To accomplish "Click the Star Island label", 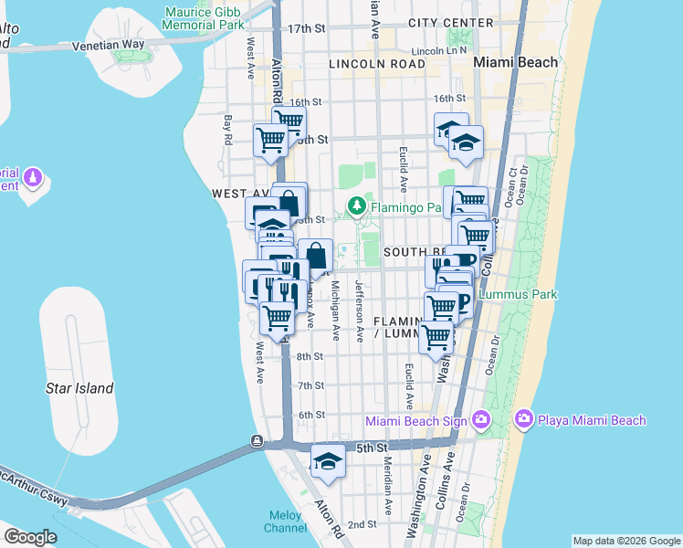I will pos(79,388).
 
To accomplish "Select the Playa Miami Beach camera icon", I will pos(524,420).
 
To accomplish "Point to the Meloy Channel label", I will pos(286,522).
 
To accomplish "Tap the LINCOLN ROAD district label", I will pos(376,64).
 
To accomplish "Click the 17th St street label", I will pos(307,29).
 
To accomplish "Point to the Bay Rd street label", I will pos(228,130).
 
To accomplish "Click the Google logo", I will pos(29,536).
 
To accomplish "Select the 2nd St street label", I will pos(363,524).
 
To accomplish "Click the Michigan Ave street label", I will pos(336,311).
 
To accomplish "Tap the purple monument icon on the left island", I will pos(34,175).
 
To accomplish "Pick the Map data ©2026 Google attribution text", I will pos(626,541).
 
